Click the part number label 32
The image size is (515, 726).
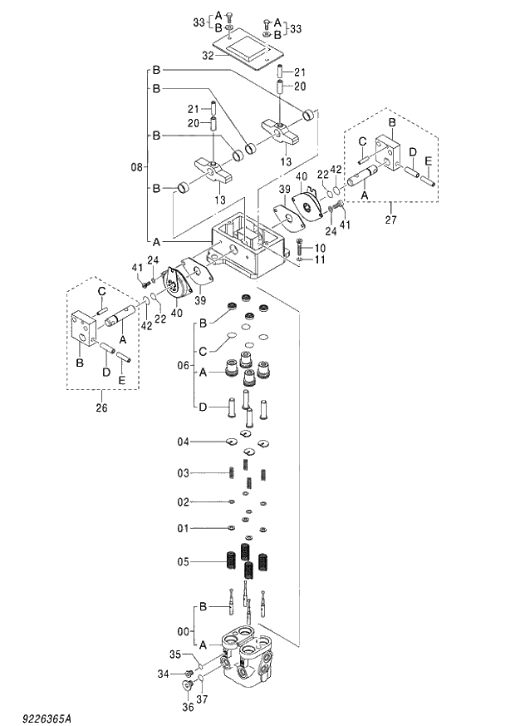pos(208,55)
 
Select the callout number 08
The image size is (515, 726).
pos(138,167)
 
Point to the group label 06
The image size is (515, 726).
pos(184,365)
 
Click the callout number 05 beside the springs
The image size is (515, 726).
pos(184,561)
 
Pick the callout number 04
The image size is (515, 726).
pos(184,441)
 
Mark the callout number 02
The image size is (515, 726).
pos(184,501)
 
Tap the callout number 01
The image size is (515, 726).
pos(184,528)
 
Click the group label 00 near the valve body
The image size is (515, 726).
pos(184,630)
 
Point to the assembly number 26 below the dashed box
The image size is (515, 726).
pos(101,407)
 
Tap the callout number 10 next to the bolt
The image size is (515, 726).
pos(321,249)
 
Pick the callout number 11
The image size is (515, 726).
pos(321,260)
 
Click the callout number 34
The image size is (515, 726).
pos(164,673)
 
